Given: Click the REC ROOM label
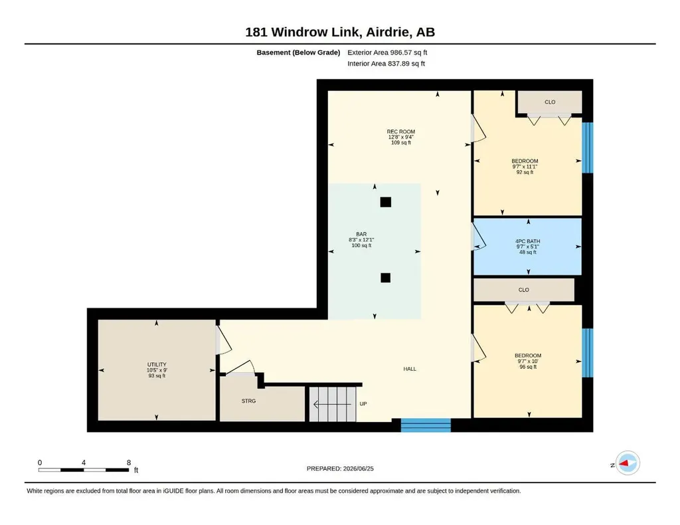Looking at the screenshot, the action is (x=400, y=132).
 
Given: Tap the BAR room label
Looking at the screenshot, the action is (x=361, y=234).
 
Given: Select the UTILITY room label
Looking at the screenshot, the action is (x=157, y=364).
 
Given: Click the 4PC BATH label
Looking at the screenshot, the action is (x=527, y=241).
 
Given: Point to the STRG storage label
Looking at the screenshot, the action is (x=248, y=401).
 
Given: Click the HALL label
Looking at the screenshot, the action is (x=410, y=369).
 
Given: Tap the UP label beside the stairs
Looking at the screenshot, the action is (x=363, y=403).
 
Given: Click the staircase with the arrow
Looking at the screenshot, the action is (x=332, y=404).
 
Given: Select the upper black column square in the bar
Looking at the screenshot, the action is (x=386, y=202).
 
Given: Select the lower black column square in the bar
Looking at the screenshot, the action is (x=386, y=278).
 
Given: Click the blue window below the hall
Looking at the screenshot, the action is (x=426, y=425).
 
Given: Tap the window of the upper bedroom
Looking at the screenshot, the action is (x=587, y=148).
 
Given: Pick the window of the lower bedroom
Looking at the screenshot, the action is (x=587, y=353).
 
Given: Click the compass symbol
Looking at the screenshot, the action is (x=627, y=463).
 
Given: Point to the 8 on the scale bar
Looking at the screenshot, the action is (x=129, y=463).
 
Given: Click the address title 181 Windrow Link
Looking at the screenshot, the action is (x=302, y=32).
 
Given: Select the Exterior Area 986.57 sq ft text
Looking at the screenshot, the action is (x=387, y=52).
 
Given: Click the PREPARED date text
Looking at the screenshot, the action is (x=340, y=469).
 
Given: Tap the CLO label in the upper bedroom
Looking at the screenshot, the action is (x=550, y=102).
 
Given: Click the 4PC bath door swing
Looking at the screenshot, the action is (x=479, y=237).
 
